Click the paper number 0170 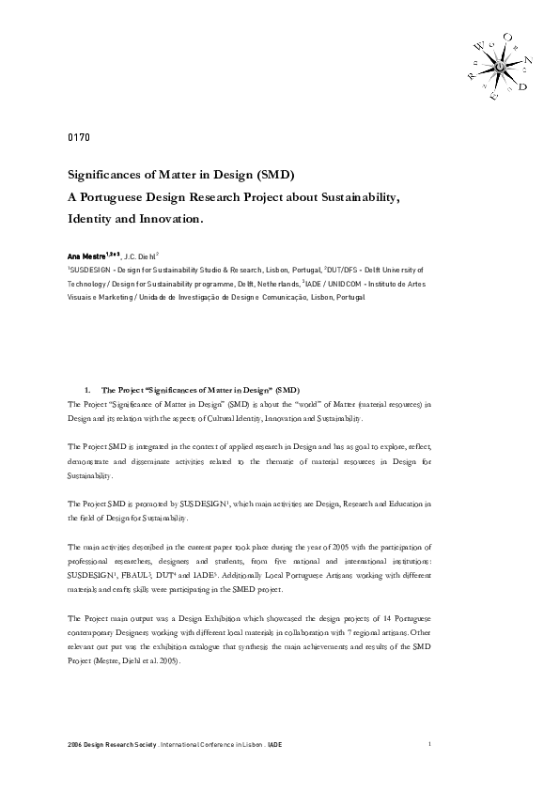point(78,138)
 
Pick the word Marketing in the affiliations point(119,296)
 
